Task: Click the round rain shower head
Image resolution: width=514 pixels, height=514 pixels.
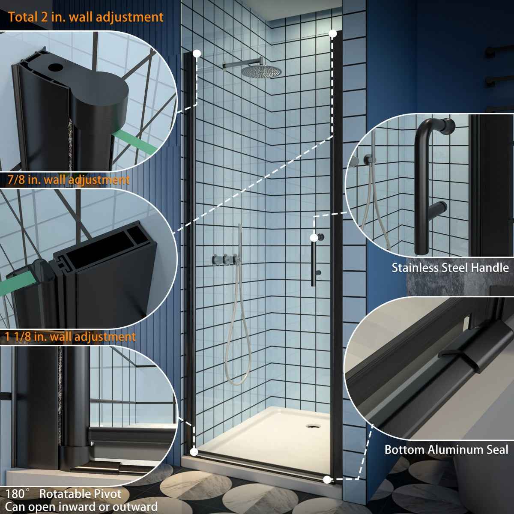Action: coord(256,71)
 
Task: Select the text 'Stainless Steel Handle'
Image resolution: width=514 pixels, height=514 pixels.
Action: coord(450,268)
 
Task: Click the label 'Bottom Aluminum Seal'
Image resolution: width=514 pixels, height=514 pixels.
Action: coord(446,450)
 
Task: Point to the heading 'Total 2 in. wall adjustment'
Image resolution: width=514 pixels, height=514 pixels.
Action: coord(86,17)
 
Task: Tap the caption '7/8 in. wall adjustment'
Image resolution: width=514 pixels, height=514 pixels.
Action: coord(68,179)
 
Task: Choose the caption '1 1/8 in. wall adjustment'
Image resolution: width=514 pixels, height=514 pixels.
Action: coord(71,337)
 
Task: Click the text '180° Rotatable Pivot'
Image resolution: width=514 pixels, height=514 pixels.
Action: coord(63,494)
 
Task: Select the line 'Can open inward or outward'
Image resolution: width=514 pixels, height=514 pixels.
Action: coord(81,507)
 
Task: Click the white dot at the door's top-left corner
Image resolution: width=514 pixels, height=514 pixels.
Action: coord(197,54)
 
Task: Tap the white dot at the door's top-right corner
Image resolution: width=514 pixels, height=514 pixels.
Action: coord(332,33)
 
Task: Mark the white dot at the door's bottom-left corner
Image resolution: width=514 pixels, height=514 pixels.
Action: coord(194,451)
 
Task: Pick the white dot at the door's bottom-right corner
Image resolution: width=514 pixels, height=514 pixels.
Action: coord(327,479)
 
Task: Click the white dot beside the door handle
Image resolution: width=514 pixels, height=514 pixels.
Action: coord(314,237)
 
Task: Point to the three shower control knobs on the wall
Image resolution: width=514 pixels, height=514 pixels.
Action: coord(224,259)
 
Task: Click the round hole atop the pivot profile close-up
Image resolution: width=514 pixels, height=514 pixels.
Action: coord(54,67)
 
